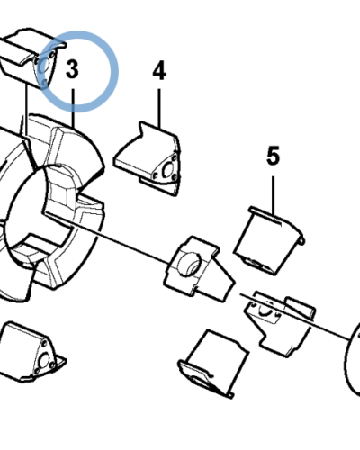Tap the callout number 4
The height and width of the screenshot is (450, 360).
159,69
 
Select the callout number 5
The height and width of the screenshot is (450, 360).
273,157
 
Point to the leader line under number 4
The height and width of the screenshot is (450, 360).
160,103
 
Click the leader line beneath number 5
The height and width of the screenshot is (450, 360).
273,193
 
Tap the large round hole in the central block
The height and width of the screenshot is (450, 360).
190,265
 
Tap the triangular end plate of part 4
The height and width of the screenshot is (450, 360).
166,171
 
